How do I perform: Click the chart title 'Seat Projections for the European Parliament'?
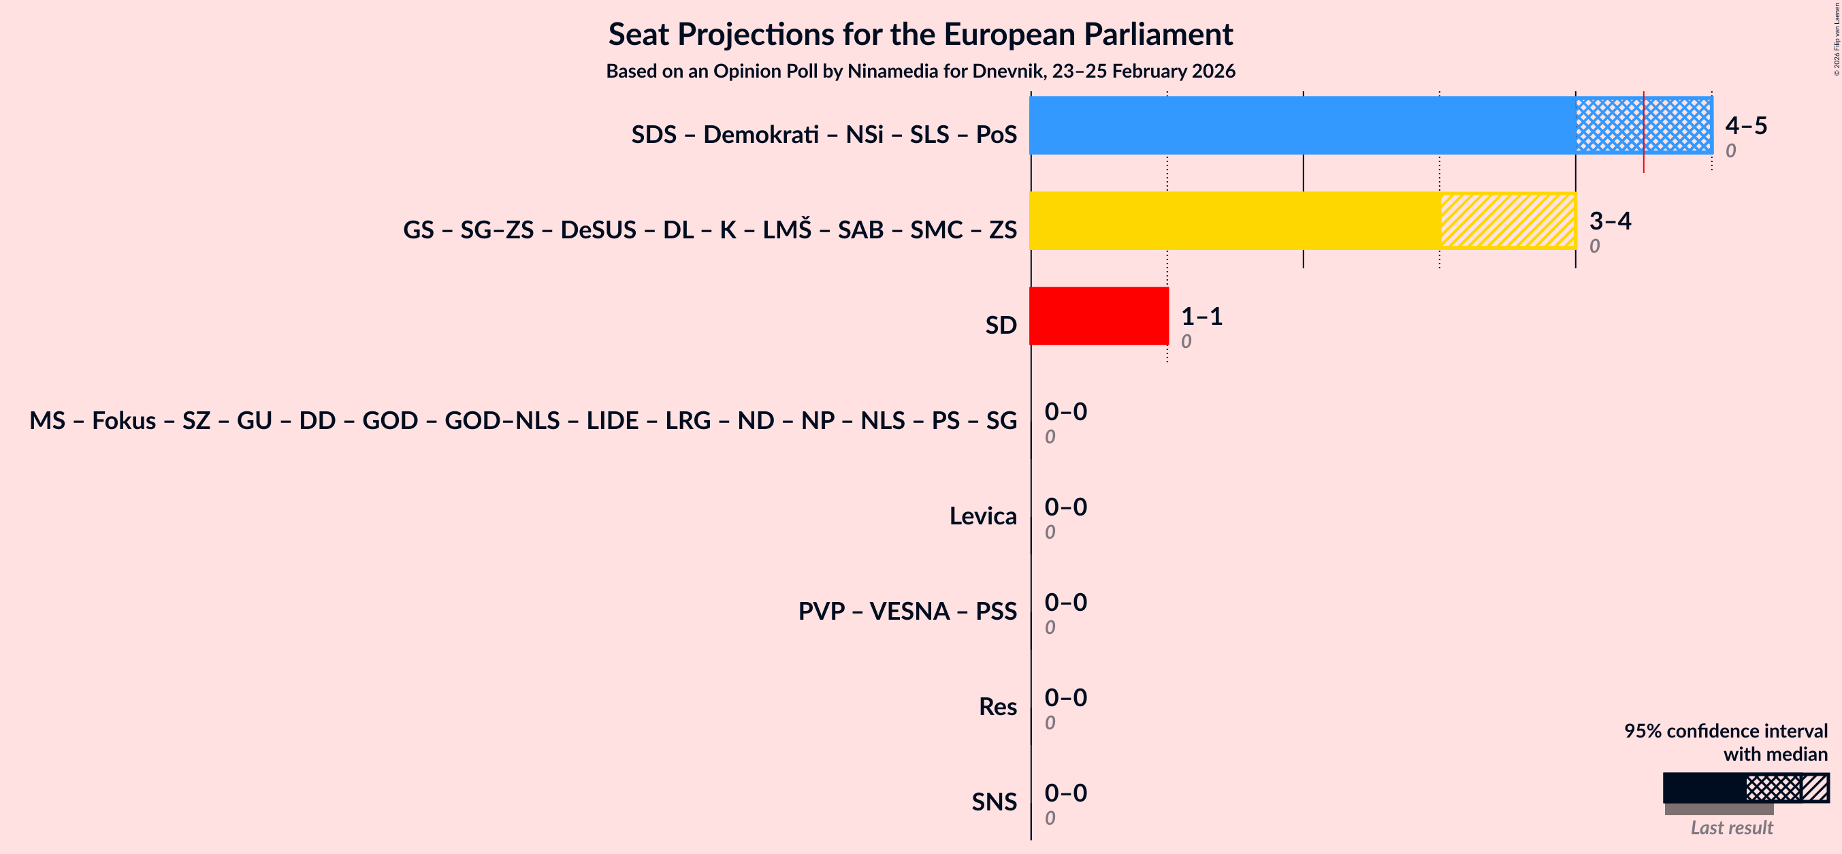coord(920,34)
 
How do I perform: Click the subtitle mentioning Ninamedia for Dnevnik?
coord(920,72)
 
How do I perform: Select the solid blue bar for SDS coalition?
coord(1302,125)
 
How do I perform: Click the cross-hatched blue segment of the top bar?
coord(1609,125)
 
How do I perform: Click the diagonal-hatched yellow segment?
coord(1508,220)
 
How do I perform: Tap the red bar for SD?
coord(1099,316)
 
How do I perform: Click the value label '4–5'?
coord(1745,125)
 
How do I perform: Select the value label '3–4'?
coord(1610,220)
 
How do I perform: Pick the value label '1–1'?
coord(1201,316)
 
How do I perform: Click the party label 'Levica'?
coord(982,516)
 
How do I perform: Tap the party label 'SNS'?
coord(993,802)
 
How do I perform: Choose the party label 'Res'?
coord(997,707)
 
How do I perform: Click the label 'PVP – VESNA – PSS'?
coord(907,611)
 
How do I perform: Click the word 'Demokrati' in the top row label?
coord(760,134)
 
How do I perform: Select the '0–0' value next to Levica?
coord(1065,507)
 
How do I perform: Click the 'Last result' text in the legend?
coord(1731,827)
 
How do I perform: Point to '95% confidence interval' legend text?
coord(1725,731)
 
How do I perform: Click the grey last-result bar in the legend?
coord(1718,809)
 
